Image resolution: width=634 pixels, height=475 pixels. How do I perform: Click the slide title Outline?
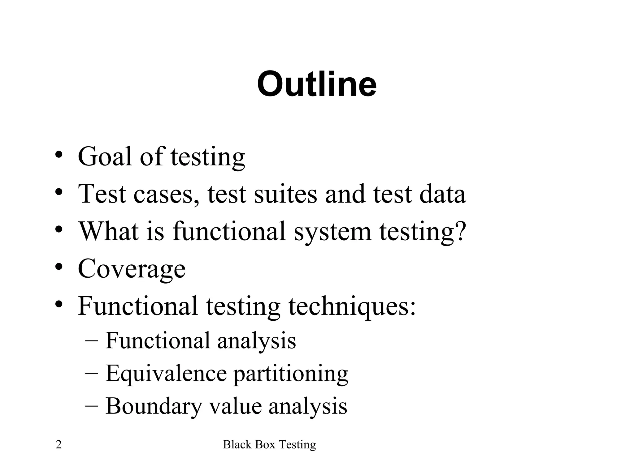[x=317, y=84]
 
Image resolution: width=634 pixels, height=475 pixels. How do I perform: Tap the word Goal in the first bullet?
[x=105, y=156]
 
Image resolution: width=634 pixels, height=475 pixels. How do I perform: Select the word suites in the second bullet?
[x=285, y=194]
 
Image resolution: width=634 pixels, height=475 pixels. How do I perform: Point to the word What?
[x=108, y=231]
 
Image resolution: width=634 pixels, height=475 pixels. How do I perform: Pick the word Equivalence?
[x=166, y=374]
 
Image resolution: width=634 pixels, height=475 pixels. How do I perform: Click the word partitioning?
[x=290, y=374]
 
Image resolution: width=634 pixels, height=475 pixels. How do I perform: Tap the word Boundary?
[x=154, y=406]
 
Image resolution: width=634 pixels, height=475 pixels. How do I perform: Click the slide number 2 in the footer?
[x=59, y=445]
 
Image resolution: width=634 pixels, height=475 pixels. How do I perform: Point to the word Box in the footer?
[x=266, y=445]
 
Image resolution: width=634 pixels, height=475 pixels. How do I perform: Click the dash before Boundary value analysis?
[x=91, y=405]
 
